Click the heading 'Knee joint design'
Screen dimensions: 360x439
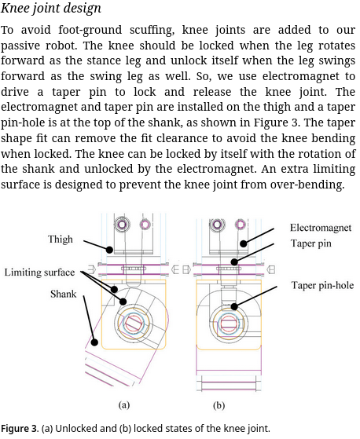point(51,8)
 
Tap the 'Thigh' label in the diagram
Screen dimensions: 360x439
point(61,240)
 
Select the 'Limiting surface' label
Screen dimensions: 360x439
point(39,273)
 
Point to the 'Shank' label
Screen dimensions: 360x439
point(64,294)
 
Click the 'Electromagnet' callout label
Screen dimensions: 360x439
point(321,228)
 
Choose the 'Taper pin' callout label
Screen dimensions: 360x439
point(311,243)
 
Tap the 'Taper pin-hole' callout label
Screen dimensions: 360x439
point(322,285)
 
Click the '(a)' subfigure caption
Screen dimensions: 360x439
point(124,405)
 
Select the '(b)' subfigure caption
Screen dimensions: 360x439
point(219,405)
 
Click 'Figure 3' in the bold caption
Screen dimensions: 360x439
point(19,428)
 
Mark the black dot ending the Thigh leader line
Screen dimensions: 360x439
point(109,250)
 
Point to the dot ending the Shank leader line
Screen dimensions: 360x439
point(94,342)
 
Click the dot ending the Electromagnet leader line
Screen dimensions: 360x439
point(244,244)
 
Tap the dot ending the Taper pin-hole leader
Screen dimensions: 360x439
point(234,306)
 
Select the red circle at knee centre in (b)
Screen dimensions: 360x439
point(229,324)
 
